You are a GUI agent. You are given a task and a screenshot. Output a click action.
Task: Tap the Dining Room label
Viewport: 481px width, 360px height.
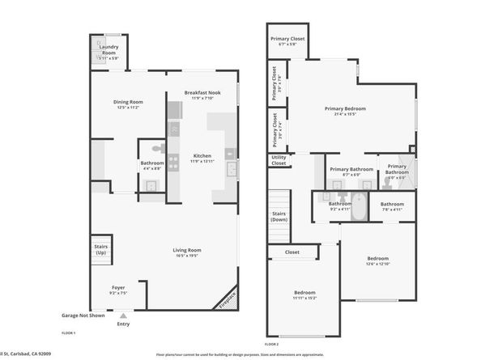point(129,101)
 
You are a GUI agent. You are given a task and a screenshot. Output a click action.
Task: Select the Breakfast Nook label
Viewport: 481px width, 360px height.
point(202,92)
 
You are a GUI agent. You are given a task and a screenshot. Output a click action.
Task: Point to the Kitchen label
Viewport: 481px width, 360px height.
point(202,155)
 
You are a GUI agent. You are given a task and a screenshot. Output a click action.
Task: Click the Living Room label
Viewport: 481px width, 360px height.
point(186,250)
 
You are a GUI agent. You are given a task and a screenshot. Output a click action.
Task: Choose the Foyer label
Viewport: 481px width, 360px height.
point(118,288)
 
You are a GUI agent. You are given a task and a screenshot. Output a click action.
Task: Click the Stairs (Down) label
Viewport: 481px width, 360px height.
point(279,216)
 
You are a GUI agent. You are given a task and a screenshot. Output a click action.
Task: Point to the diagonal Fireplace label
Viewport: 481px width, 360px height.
point(229,299)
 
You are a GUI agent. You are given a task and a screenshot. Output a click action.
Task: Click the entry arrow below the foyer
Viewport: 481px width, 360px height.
point(123,316)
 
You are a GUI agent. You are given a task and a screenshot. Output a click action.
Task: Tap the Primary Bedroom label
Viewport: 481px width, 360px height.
point(345,108)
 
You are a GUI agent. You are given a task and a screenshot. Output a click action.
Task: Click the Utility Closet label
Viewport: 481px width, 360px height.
point(279,161)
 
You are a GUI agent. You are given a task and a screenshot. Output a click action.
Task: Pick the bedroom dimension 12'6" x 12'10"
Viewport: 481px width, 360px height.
point(377,264)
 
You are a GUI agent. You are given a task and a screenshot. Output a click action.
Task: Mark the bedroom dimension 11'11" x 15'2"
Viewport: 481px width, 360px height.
point(304,298)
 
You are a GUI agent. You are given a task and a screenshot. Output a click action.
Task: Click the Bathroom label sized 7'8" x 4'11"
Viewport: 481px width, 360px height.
point(392,204)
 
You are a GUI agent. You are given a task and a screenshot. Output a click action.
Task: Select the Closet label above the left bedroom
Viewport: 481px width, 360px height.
point(292,252)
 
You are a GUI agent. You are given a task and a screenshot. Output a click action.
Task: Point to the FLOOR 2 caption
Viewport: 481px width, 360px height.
point(273,333)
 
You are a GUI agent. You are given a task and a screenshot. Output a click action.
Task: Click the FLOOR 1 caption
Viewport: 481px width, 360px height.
point(69,333)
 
